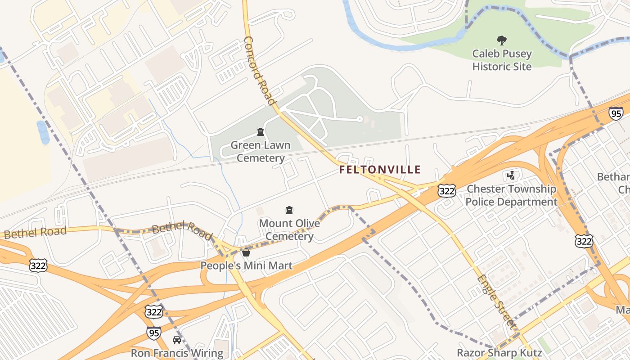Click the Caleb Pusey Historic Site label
[502, 60]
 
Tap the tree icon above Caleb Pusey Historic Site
[501, 40]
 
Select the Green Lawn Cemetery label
[261, 152]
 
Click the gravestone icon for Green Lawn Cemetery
[260, 132]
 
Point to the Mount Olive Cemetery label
[289, 230]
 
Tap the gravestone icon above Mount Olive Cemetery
[289, 210]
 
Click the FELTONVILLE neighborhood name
[380, 170]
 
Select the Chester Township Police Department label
[511, 195]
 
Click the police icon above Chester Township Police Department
[511, 175]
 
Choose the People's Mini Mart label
[246, 266]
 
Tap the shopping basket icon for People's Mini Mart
[246, 252]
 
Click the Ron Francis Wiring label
[177, 353]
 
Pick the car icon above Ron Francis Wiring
[177, 340]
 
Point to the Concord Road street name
[259, 70]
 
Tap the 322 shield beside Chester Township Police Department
[446, 191]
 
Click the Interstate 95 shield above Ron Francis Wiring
[154, 333]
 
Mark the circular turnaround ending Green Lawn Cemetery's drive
[359, 119]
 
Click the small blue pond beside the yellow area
[43, 132]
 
